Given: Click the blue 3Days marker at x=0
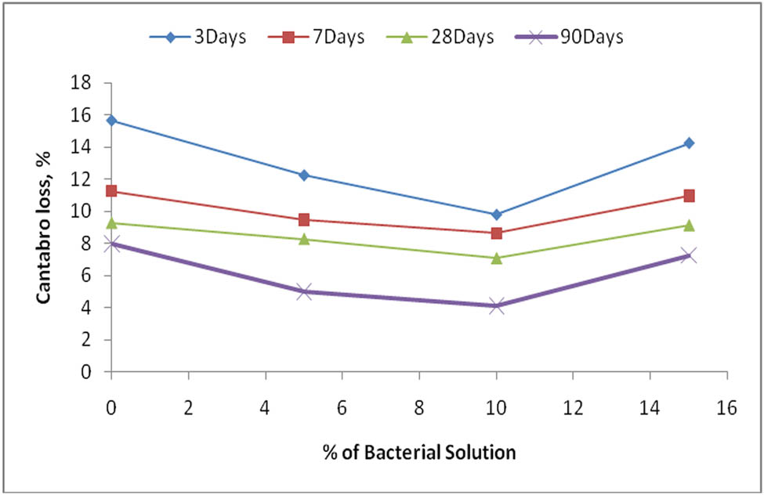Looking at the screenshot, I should (111, 120).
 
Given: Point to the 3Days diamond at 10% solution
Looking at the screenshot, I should (496, 214).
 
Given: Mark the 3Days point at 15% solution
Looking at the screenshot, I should (689, 143).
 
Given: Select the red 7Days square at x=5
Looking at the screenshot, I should (304, 219).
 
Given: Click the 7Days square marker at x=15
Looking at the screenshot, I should (689, 196).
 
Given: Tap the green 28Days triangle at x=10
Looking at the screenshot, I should (496, 257).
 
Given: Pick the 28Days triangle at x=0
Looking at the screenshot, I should (111, 222).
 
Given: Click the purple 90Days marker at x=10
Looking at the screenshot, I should (496, 305).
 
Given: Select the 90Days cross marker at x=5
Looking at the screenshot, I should (304, 291).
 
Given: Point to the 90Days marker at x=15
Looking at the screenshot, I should (689, 255).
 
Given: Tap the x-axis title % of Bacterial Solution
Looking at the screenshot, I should (419, 452).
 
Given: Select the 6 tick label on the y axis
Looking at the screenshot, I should (92, 276).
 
